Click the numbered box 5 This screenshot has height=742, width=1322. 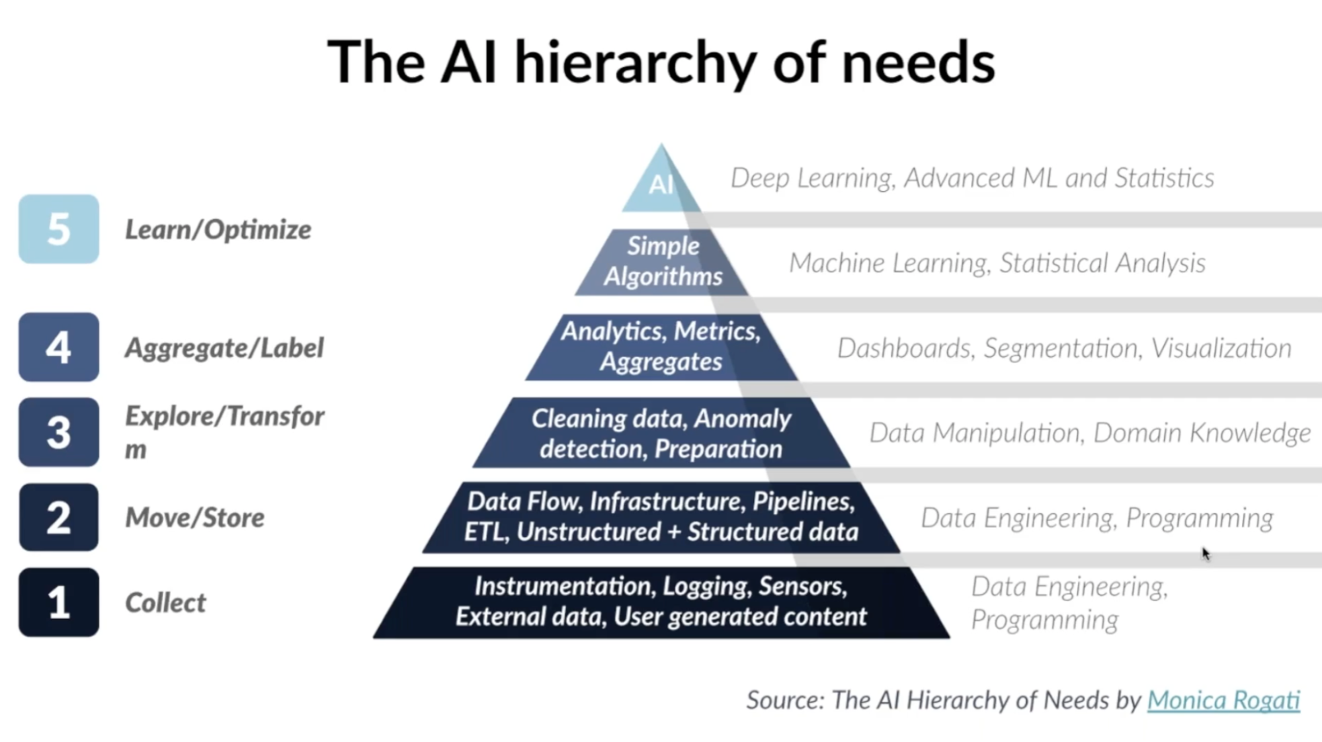click(59, 229)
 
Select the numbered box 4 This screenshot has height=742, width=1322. click(59, 347)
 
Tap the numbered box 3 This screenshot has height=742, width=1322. click(59, 433)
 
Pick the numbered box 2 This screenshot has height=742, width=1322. click(59, 517)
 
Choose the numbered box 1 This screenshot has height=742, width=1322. click(59, 602)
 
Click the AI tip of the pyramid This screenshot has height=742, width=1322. click(661, 185)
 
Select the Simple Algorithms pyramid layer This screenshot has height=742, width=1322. click(662, 261)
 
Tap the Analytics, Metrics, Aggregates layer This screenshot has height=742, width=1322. click(661, 347)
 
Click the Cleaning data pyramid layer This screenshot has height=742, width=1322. click(661, 434)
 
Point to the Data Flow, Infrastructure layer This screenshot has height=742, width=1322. click(661, 517)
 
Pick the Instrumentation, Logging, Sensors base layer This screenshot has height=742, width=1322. click(661, 602)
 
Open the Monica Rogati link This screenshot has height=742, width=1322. click(1223, 700)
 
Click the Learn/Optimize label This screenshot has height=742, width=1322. click(218, 229)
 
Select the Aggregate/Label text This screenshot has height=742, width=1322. click(224, 348)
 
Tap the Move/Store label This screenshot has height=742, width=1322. click(194, 518)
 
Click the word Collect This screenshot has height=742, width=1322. click(165, 603)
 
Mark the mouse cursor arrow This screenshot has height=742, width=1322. click(1206, 554)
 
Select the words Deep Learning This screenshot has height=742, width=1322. click(811, 178)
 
